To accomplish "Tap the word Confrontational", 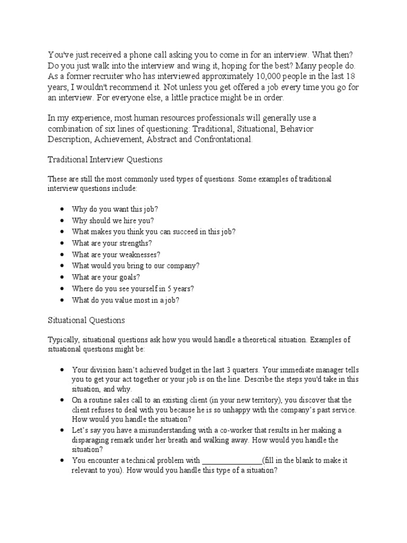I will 217,139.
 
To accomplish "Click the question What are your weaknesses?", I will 116,255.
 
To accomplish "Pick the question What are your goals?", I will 106,277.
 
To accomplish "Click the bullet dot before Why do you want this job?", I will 63,209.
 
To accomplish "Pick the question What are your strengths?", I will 112,243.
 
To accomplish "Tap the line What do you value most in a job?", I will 126,300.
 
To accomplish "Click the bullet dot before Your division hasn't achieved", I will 63,369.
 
